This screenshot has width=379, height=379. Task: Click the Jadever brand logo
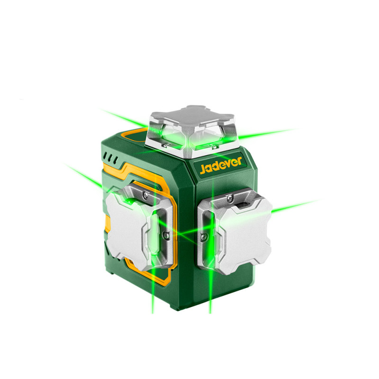point(221,165)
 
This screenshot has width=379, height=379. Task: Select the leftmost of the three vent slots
point(105,156)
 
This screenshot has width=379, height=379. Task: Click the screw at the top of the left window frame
point(145,195)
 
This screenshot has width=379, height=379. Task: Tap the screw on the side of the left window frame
point(165,234)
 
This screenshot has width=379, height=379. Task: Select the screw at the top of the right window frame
point(229,198)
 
